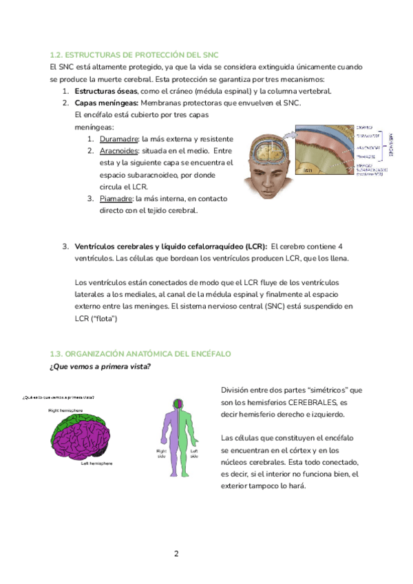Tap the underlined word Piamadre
(116, 199)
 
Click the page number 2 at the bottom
(176, 553)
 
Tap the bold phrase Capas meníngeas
(103, 103)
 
